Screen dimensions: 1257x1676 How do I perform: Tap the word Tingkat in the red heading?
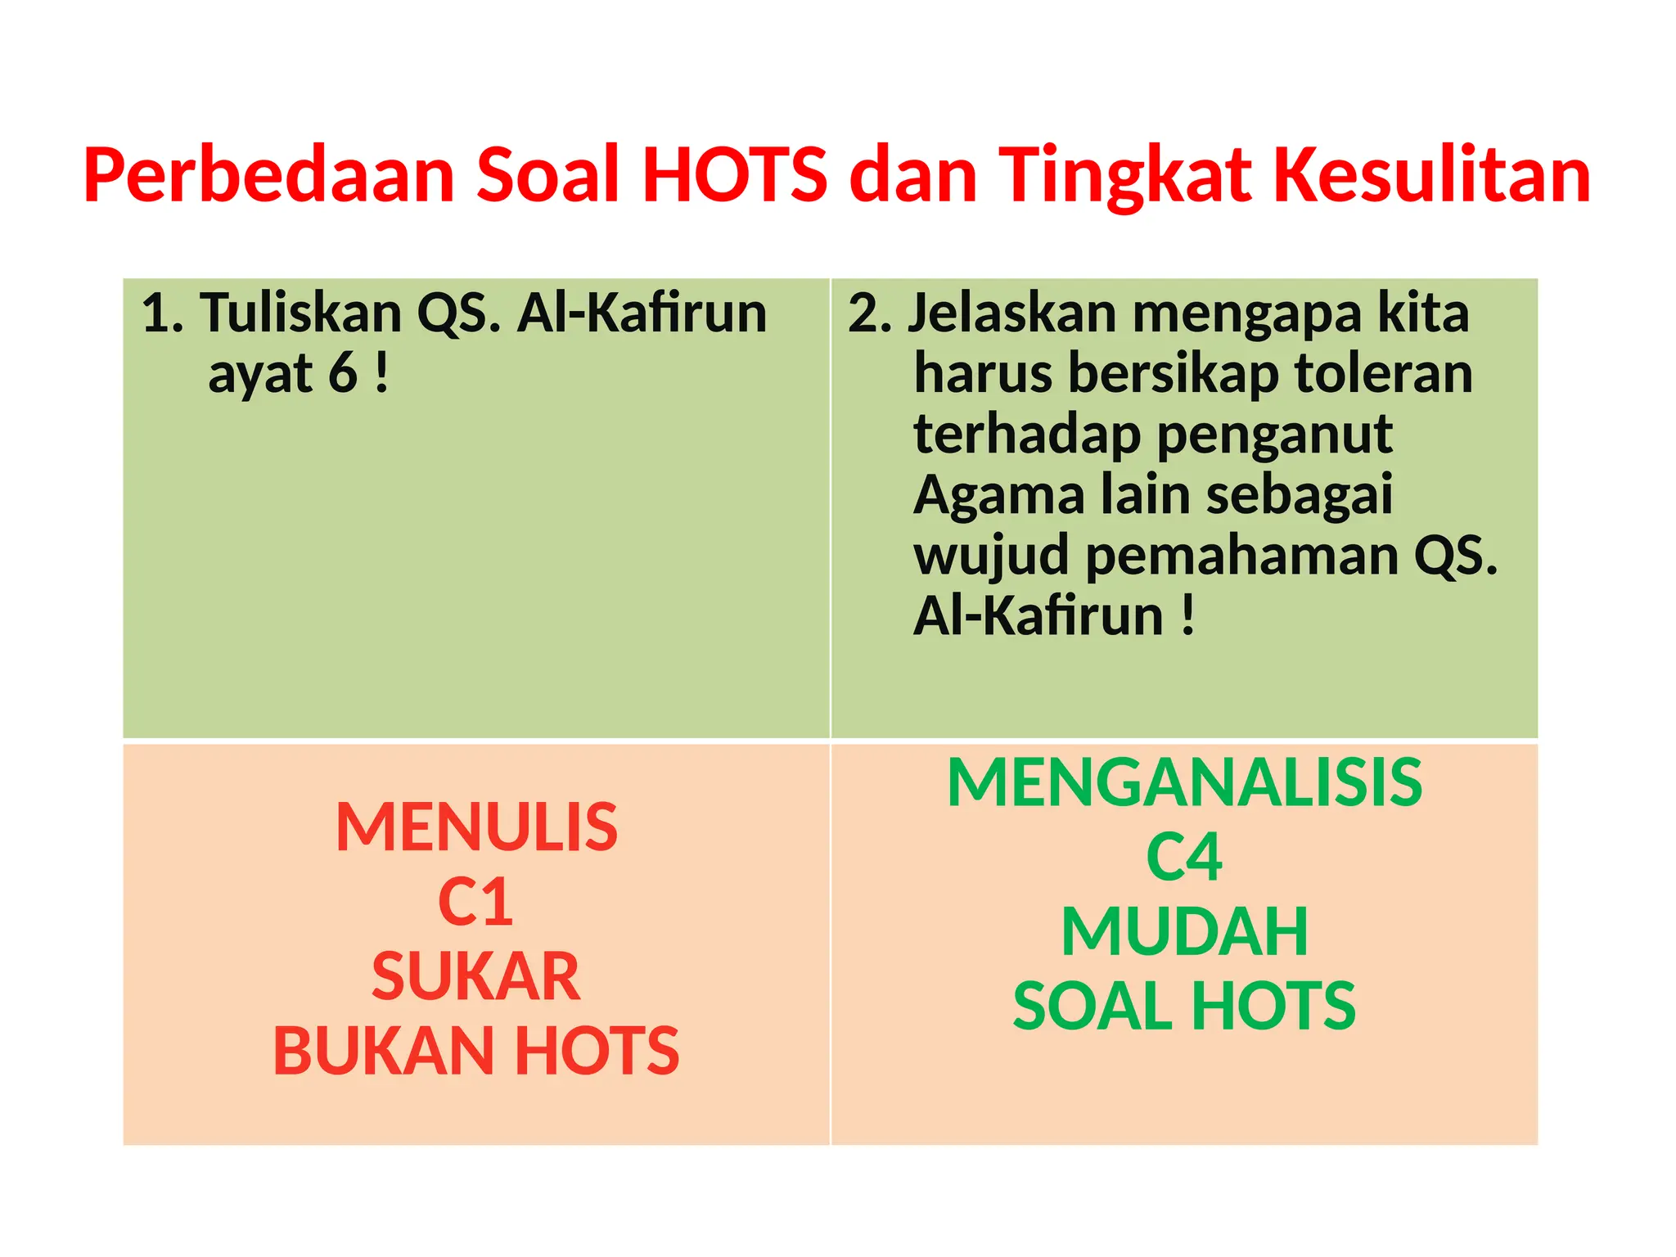[x=1126, y=175]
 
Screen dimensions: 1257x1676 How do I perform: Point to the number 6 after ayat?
[x=343, y=373]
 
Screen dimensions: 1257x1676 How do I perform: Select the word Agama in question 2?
[x=998, y=495]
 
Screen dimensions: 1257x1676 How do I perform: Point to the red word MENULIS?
[x=476, y=827]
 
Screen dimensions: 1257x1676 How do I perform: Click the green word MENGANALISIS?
[x=1184, y=783]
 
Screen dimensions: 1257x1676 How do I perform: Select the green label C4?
[x=1184, y=858]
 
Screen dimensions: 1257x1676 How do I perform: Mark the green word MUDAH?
[x=1184, y=932]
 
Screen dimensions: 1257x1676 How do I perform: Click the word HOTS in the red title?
[x=734, y=175]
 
